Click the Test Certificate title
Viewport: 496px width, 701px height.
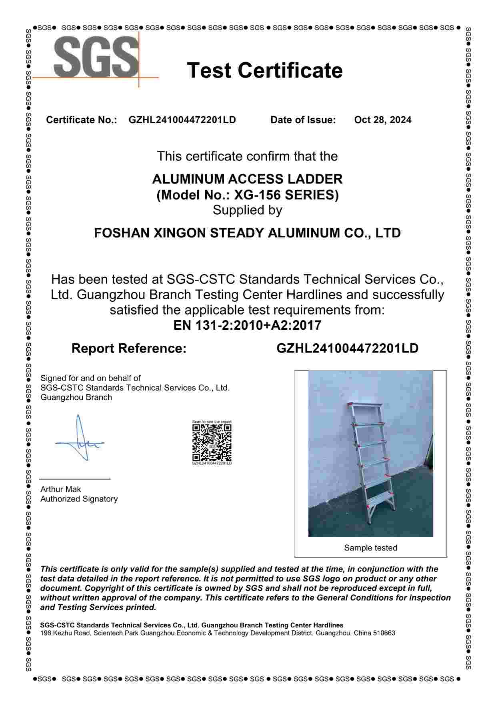click(264, 70)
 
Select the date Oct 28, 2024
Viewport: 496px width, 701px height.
click(382, 120)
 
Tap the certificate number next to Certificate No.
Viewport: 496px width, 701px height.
click(182, 120)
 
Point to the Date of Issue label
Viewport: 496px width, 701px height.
click(303, 120)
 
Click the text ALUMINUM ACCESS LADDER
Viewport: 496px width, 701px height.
click(247, 179)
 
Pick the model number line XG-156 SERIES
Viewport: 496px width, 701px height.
click(247, 195)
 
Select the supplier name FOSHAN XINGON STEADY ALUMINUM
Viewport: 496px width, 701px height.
click(247, 233)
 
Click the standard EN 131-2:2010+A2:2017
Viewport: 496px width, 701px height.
click(247, 325)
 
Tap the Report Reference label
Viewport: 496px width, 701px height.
click(129, 348)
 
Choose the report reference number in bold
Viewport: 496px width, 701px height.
click(347, 348)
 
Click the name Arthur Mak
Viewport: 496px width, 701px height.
click(60, 489)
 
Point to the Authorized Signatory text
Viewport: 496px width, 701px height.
click(79, 499)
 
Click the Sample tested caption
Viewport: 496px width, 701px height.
click(370, 548)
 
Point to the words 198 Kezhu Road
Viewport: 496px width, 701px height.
click(65, 633)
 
